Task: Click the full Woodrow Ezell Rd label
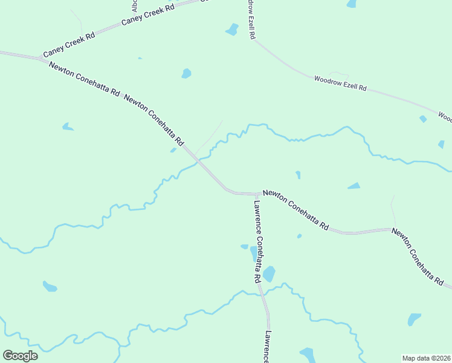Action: (340, 83)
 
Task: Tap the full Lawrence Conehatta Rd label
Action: (257, 241)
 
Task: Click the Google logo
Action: (20, 355)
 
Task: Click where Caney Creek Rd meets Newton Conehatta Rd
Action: (40, 59)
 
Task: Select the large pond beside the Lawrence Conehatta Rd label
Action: (268, 274)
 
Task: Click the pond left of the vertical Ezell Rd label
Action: (232, 29)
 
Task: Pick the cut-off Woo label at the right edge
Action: (445, 116)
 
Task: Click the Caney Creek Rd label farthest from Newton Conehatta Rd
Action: (147, 15)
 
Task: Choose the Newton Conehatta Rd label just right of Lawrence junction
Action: (295, 210)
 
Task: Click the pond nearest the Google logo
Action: (50, 286)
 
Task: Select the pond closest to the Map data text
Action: (414, 319)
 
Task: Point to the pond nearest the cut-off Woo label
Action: (423, 119)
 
